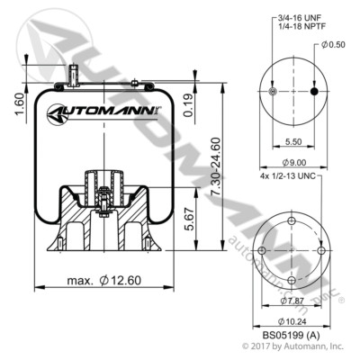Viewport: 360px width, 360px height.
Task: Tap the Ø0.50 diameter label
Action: [333, 45]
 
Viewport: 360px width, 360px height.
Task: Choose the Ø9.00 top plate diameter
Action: [292, 163]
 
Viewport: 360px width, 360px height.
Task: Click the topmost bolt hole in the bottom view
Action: [294, 213]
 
